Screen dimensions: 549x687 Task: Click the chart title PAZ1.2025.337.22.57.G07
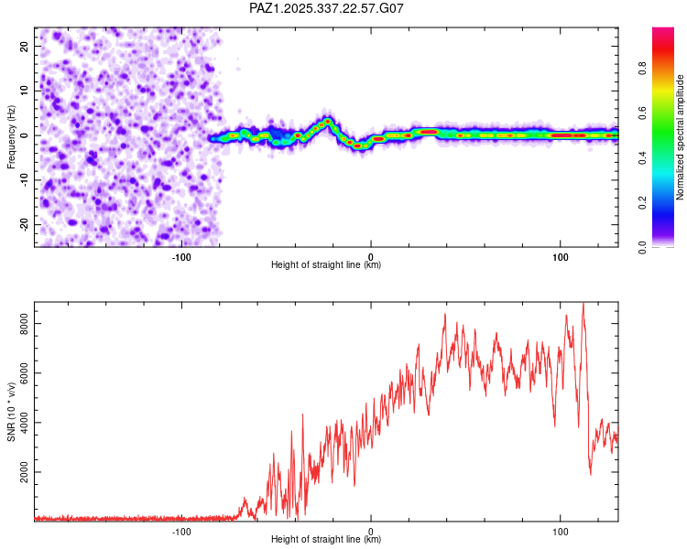pos(327,8)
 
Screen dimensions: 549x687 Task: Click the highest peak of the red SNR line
pos(583,304)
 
